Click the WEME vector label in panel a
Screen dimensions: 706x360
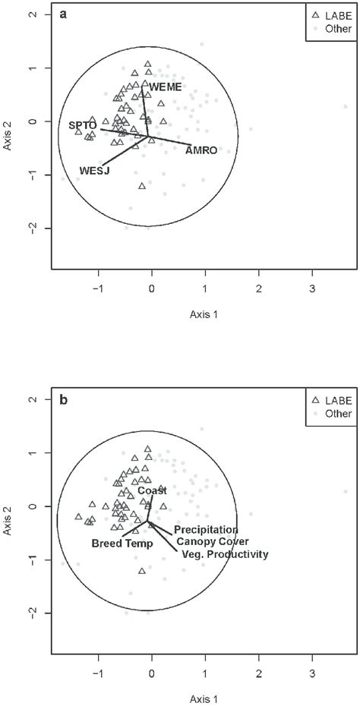165,87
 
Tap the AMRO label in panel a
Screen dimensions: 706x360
201,150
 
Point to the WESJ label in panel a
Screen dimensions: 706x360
95,171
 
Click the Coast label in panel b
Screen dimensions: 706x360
152,491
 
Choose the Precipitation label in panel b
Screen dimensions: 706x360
206,529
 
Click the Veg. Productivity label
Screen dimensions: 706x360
226,555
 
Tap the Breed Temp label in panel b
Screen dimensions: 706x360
122,544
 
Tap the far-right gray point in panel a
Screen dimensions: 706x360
346,106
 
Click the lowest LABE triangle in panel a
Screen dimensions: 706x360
142,186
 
